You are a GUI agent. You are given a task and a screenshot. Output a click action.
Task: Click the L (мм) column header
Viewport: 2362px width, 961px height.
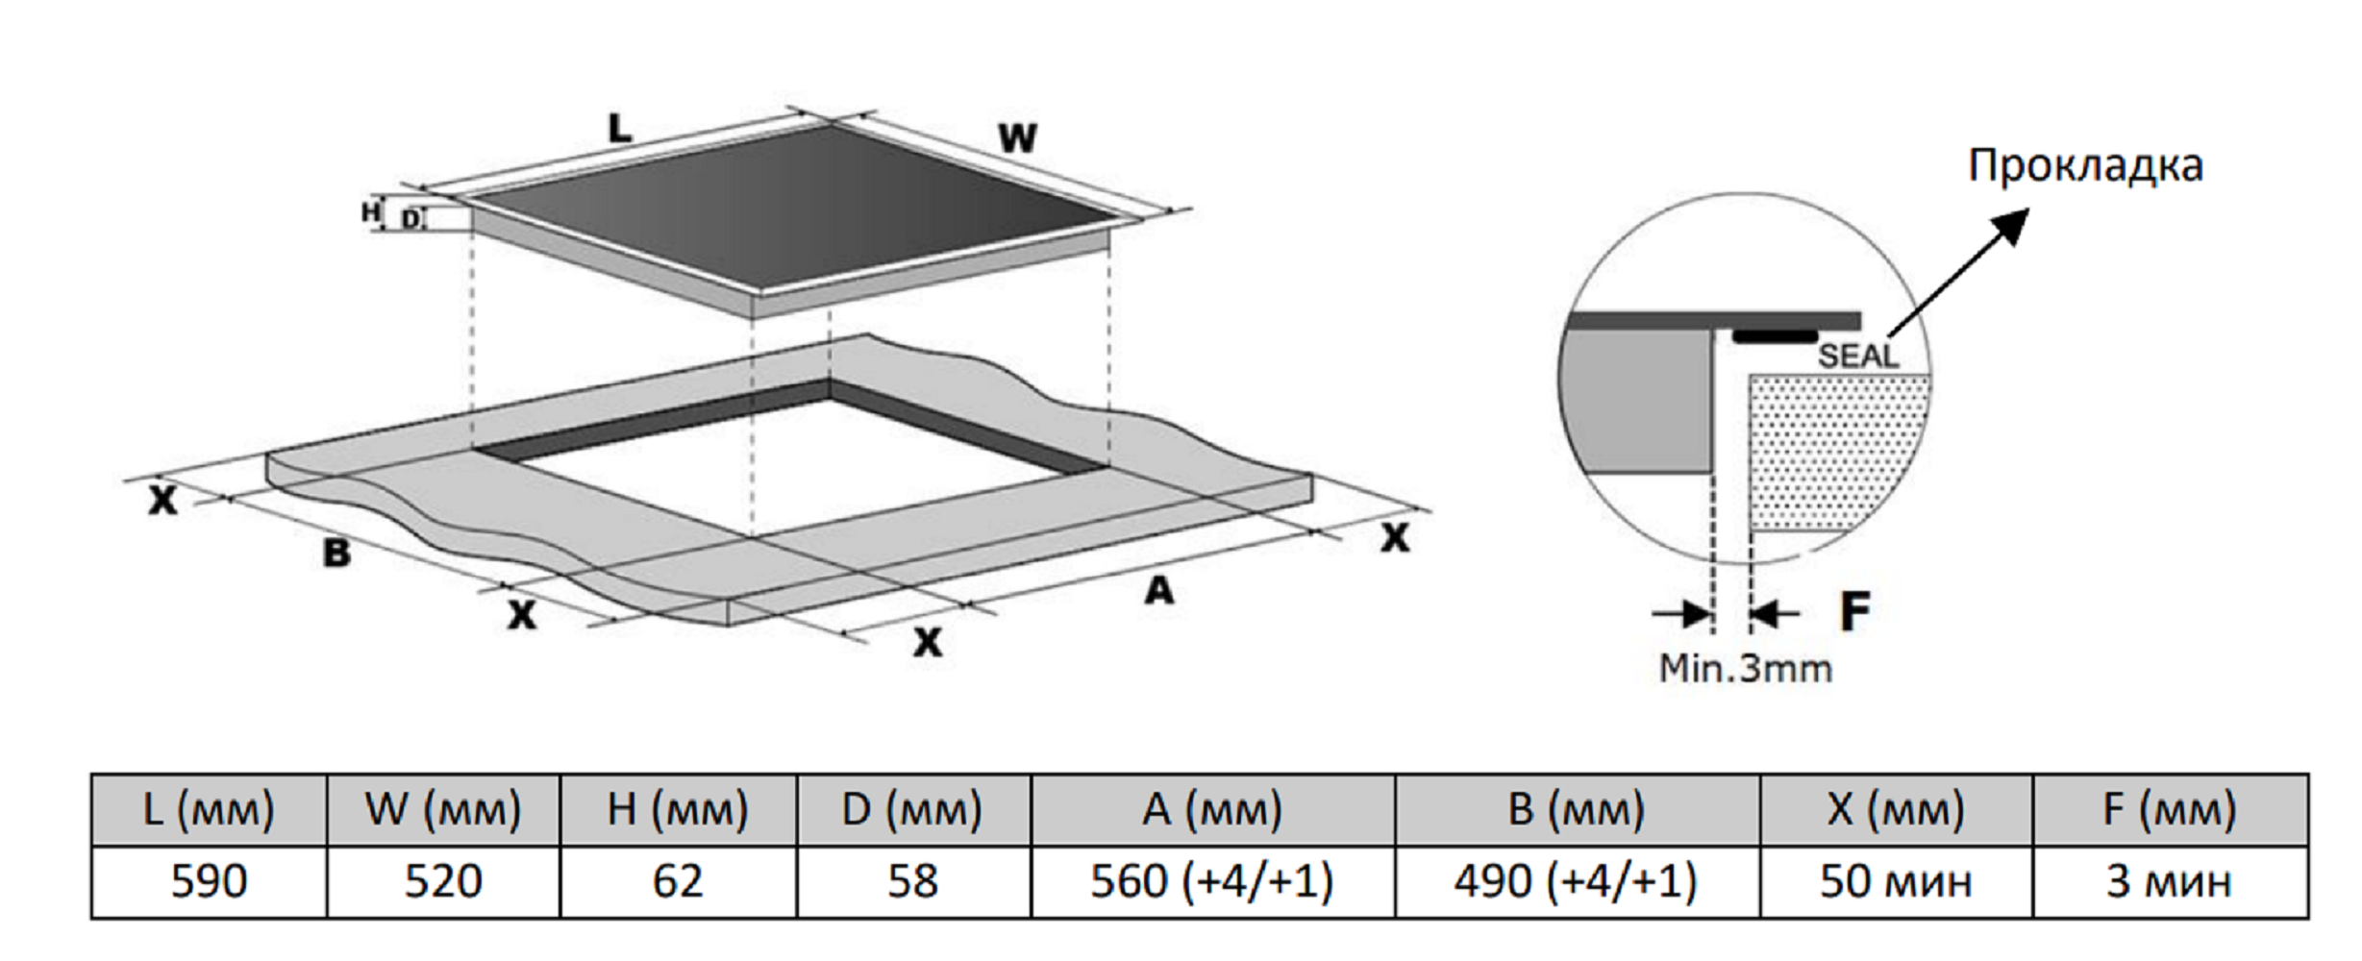click(x=209, y=809)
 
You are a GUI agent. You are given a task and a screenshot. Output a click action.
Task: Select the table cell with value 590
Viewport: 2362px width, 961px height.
click(x=209, y=881)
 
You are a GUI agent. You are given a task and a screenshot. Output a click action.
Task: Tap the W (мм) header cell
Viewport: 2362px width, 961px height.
click(x=443, y=809)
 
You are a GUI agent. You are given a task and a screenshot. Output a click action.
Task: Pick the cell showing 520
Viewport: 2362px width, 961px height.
click(x=443, y=881)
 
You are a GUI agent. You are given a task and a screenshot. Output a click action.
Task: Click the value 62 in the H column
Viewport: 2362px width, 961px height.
click(x=678, y=881)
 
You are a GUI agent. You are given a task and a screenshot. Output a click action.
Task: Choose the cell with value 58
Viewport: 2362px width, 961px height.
click(x=912, y=881)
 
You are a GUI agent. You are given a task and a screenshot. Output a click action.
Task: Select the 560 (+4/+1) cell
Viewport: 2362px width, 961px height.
click(x=1212, y=881)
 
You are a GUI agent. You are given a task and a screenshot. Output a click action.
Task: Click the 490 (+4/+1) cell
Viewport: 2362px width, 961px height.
click(x=1576, y=881)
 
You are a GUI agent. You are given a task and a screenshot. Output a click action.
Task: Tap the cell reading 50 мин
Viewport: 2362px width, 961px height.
click(x=1896, y=881)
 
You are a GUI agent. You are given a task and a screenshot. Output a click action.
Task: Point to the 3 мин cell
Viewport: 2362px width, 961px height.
click(x=2170, y=881)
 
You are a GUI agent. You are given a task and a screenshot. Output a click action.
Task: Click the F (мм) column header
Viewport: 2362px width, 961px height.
click(x=2170, y=809)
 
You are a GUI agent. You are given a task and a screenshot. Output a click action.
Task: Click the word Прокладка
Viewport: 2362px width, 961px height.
click(x=2085, y=166)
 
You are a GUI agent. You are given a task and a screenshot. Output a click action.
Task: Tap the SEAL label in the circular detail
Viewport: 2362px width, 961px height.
click(x=1858, y=357)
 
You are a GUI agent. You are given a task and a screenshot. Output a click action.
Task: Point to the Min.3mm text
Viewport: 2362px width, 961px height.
click(x=1746, y=668)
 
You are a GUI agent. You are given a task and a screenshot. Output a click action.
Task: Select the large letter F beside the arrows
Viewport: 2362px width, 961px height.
click(x=1854, y=611)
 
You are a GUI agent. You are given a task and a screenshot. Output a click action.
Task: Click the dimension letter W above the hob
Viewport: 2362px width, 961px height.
click(x=1017, y=138)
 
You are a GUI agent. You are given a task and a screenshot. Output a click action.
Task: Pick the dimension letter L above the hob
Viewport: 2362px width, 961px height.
click(x=619, y=128)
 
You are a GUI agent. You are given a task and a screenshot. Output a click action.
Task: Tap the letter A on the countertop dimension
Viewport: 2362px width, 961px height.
click(x=1159, y=589)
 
